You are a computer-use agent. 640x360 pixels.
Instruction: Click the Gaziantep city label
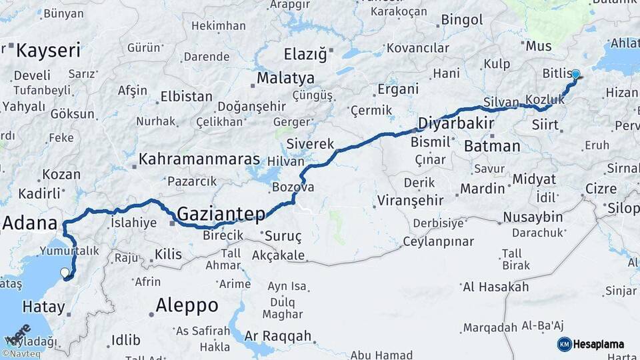(221, 214)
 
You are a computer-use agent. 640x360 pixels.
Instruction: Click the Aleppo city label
(187, 305)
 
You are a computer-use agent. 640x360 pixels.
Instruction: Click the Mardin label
(482, 189)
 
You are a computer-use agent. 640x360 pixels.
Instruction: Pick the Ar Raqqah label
(278, 336)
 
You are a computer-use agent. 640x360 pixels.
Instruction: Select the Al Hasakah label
(495, 287)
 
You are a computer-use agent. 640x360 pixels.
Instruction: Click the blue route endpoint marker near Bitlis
(575, 75)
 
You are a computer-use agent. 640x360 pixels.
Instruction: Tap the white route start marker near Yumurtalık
(65, 273)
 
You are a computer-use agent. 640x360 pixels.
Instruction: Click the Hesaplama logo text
(599, 345)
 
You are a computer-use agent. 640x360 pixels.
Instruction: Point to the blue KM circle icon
(564, 345)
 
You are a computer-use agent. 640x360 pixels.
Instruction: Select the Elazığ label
(305, 54)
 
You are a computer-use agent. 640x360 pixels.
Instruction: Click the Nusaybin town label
(533, 217)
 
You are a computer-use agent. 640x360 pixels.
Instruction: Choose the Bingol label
(461, 20)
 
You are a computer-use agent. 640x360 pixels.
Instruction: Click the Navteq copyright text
(19, 354)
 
